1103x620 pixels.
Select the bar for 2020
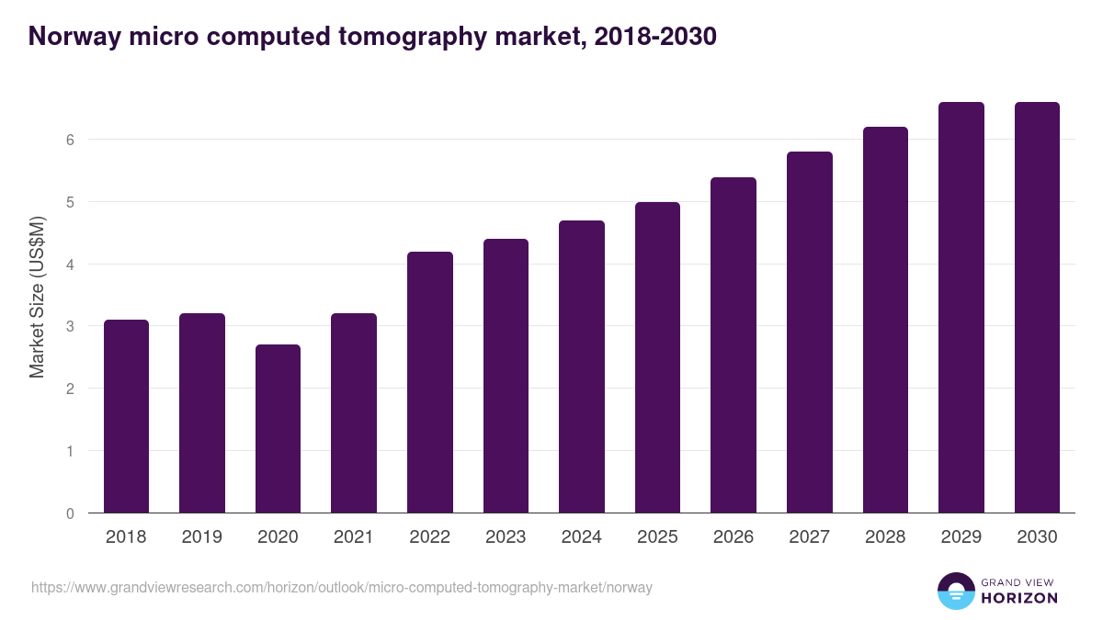(x=278, y=429)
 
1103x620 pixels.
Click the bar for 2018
(x=126, y=416)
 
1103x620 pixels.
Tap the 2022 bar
(x=429, y=382)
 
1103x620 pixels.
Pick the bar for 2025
(x=657, y=357)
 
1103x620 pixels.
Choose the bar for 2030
(x=1037, y=308)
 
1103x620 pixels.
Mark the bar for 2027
(x=809, y=333)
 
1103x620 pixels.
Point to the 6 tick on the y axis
(x=70, y=140)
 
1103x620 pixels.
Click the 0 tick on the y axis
(x=70, y=513)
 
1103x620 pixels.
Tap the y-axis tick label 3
(x=70, y=326)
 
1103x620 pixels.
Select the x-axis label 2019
(x=201, y=537)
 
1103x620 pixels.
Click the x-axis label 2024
(x=581, y=537)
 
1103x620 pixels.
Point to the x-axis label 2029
(x=961, y=537)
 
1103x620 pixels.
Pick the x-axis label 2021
(x=353, y=537)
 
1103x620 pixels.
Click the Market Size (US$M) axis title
(x=37, y=297)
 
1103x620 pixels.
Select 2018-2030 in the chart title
(x=655, y=37)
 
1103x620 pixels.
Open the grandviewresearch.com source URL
(x=342, y=587)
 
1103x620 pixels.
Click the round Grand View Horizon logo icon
(x=956, y=591)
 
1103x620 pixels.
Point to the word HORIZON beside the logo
(x=1019, y=598)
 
